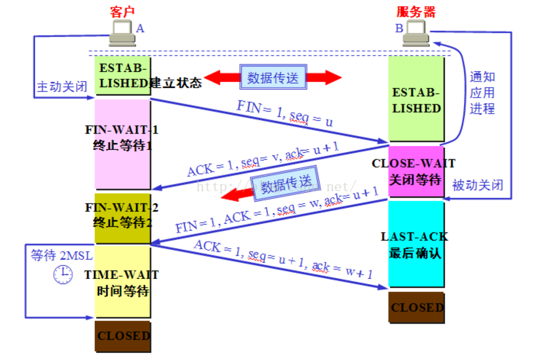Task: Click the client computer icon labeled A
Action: [x=122, y=33]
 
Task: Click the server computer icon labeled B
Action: [x=416, y=33]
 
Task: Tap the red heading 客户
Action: [x=122, y=12]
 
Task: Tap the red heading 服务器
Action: [x=416, y=12]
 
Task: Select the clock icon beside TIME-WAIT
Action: [x=63, y=274]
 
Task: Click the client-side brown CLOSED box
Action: [x=123, y=336]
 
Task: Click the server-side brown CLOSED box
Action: [x=416, y=307]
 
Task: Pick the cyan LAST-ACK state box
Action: [x=416, y=244]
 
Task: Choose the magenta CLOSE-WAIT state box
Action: [x=416, y=171]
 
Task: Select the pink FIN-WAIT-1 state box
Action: [x=123, y=144]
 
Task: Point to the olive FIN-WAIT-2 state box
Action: [x=123, y=218]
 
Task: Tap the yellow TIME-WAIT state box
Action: [x=123, y=282]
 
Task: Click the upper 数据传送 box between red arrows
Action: [x=273, y=78]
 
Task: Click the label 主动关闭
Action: [x=62, y=87]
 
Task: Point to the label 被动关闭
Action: [x=477, y=185]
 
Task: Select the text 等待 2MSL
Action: [x=61, y=255]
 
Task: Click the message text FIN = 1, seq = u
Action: [x=284, y=113]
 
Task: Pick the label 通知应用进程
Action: [x=482, y=93]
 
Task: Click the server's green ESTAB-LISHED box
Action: [x=416, y=99]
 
